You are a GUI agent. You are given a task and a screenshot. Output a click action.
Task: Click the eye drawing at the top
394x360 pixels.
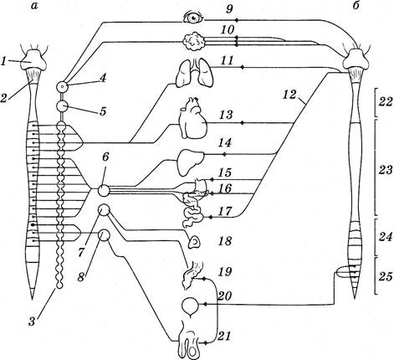click(192, 18)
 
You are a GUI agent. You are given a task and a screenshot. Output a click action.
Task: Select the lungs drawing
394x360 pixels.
click(195, 71)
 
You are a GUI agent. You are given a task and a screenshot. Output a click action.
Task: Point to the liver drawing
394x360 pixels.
click(190, 162)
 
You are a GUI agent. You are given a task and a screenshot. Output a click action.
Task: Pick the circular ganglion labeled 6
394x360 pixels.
click(103, 191)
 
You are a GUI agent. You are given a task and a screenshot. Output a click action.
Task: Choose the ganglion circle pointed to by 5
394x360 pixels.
click(62, 105)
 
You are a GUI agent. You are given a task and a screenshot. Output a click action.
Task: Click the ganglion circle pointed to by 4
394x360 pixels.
click(63, 87)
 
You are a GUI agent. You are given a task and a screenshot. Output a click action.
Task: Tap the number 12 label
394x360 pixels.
click(289, 95)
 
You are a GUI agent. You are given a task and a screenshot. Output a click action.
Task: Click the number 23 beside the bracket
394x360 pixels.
click(386, 169)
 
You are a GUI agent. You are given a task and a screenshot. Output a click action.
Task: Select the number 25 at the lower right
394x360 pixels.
click(386, 276)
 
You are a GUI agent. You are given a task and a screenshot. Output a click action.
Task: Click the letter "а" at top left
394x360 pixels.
click(34, 6)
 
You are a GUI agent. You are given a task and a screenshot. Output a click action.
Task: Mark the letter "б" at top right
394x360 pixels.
click(356, 5)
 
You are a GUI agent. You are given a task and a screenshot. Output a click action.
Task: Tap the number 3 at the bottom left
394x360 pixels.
click(32, 321)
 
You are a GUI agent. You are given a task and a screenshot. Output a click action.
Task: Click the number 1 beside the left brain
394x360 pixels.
click(3, 62)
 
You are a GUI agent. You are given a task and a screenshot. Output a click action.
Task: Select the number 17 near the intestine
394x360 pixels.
click(225, 211)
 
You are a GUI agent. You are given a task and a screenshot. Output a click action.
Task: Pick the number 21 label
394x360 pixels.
click(225, 336)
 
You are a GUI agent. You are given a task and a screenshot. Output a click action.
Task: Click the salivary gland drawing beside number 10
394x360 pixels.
click(194, 41)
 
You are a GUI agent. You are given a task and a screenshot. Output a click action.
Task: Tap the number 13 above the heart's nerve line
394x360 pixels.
click(226, 115)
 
